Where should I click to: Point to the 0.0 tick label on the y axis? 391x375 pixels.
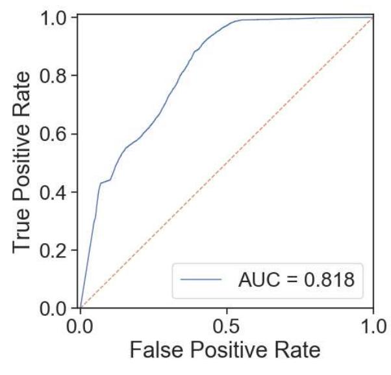click(55, 307)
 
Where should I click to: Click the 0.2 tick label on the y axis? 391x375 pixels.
click(55, 250)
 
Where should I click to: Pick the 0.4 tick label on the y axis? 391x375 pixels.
click(55, 192)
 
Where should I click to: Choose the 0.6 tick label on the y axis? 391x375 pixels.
click(55, 134)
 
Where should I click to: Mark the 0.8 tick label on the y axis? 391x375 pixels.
click(55, 75)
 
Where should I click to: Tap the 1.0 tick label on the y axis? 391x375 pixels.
click(55, 18)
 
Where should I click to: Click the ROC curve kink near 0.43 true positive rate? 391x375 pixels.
click(100, 183)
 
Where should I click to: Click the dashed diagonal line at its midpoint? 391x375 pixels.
click(227, 162)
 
